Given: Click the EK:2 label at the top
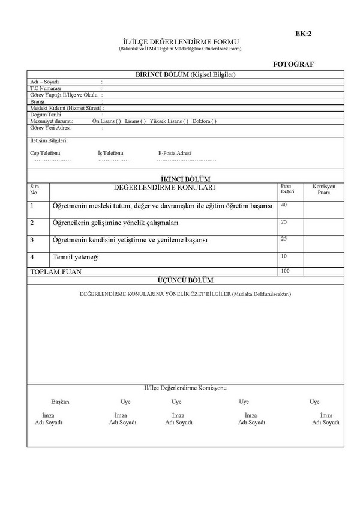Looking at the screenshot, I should (x=304, y=34).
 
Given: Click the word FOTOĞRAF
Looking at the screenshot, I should (x=294, y=64).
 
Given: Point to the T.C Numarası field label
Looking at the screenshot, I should (x=46, y=88).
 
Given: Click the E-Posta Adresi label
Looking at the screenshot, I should (x=175, y=153).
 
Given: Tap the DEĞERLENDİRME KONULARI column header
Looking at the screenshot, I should (x=164, y=188).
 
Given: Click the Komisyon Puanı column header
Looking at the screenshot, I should (x=324, y=190).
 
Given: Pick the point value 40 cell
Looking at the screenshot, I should (x=284, y=205).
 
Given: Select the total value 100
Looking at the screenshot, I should (x=285, y=271).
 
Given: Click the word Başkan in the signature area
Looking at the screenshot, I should (x=60, y=402).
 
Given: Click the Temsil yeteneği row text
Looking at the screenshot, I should (x=76, y=257).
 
